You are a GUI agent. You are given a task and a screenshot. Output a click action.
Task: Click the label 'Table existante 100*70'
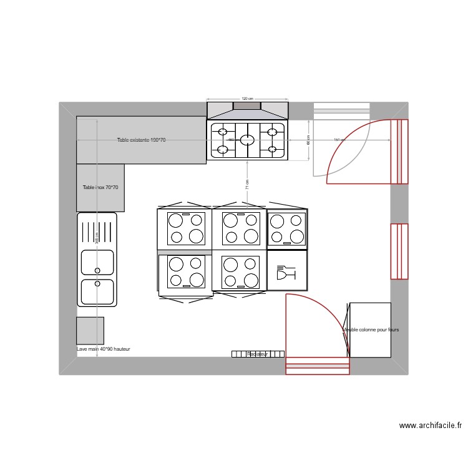click(x=142, y=140)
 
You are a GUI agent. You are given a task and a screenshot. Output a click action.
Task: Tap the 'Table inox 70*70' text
click(x=100, y=187)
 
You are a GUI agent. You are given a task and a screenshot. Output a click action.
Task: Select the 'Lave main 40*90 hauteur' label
click(x=104, y=349)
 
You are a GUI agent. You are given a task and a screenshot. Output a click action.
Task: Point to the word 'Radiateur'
click(x=258, y=354)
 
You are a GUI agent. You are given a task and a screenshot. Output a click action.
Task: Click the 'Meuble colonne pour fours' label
click(x=371, y=329)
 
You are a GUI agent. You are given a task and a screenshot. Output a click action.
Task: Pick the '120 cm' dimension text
click(x=247, y=99)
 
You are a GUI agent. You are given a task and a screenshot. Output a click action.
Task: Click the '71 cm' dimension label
click(x=247, y=184)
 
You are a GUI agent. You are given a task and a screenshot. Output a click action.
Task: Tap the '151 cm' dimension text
click(x=339, y=140)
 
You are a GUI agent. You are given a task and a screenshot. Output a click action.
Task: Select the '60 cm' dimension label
click(x=308, y=140)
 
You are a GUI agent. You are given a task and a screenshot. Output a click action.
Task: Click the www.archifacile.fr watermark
click(x=431, y=426)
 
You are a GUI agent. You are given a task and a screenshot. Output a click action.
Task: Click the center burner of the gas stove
click(x=247, y=140)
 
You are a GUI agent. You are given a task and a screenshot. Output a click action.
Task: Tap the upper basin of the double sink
click(x=97, y=262)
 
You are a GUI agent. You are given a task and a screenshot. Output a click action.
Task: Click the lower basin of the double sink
click(x=97, y=291)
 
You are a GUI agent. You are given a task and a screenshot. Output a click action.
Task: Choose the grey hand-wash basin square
click(x=90, y=331)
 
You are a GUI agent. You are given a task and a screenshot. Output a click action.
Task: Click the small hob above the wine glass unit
click(x=287, y=228)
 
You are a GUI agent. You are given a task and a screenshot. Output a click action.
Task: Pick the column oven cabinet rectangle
click(x=370, y=329)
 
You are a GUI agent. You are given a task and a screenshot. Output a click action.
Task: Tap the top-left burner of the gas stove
click(x=222, y=132)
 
